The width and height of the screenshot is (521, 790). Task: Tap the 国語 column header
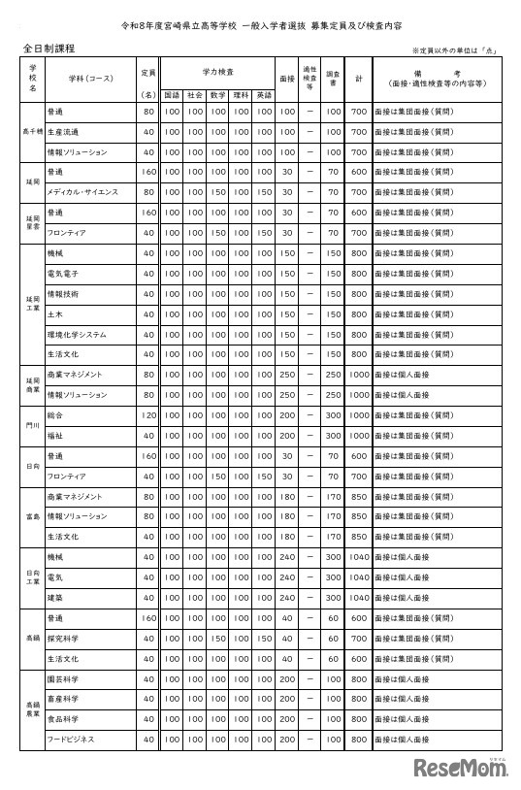[172, 96]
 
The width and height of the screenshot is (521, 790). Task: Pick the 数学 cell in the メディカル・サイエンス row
[217, 192]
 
